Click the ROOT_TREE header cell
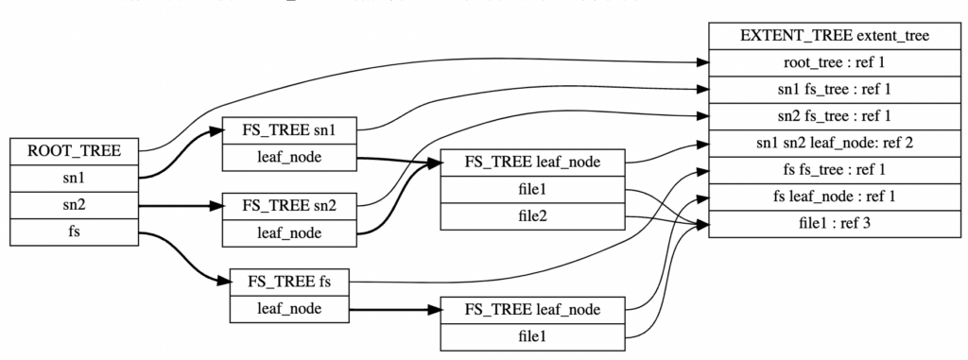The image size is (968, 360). pos(75,150)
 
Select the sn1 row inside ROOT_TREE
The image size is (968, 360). pos(75,177)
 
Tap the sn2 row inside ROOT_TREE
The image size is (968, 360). pos(75,204)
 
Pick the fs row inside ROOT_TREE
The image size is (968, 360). pos(75,231)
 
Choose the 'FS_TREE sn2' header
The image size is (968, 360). pos(287,204)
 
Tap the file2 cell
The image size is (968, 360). pos(534,215)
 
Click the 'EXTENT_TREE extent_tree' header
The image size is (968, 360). pos(832,36)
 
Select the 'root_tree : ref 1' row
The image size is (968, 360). pos(832,63)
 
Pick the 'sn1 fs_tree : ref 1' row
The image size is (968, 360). pos(832,90)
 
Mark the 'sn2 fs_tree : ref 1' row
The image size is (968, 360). pos(832,117)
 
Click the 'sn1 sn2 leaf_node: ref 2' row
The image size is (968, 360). pos(832,144)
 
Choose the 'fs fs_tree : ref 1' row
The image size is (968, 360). pos(832,171)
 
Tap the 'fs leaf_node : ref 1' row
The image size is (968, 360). pos(832,197)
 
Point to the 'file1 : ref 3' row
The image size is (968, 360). pos(832,225)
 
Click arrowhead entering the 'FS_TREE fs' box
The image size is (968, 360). pos(224,281)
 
